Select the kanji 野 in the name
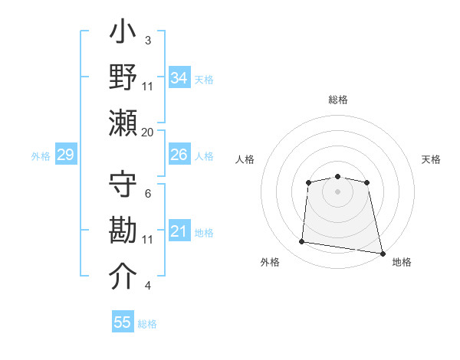123,78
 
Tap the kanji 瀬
123,123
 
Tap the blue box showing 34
179,78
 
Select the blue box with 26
179,155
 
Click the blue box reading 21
179,231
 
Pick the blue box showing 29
65,155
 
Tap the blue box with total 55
123,322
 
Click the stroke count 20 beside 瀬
148,132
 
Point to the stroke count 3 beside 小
148,40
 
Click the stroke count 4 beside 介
148,286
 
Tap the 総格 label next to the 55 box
147,324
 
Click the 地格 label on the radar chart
402,262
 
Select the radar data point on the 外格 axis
302,242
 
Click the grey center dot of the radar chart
337,191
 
